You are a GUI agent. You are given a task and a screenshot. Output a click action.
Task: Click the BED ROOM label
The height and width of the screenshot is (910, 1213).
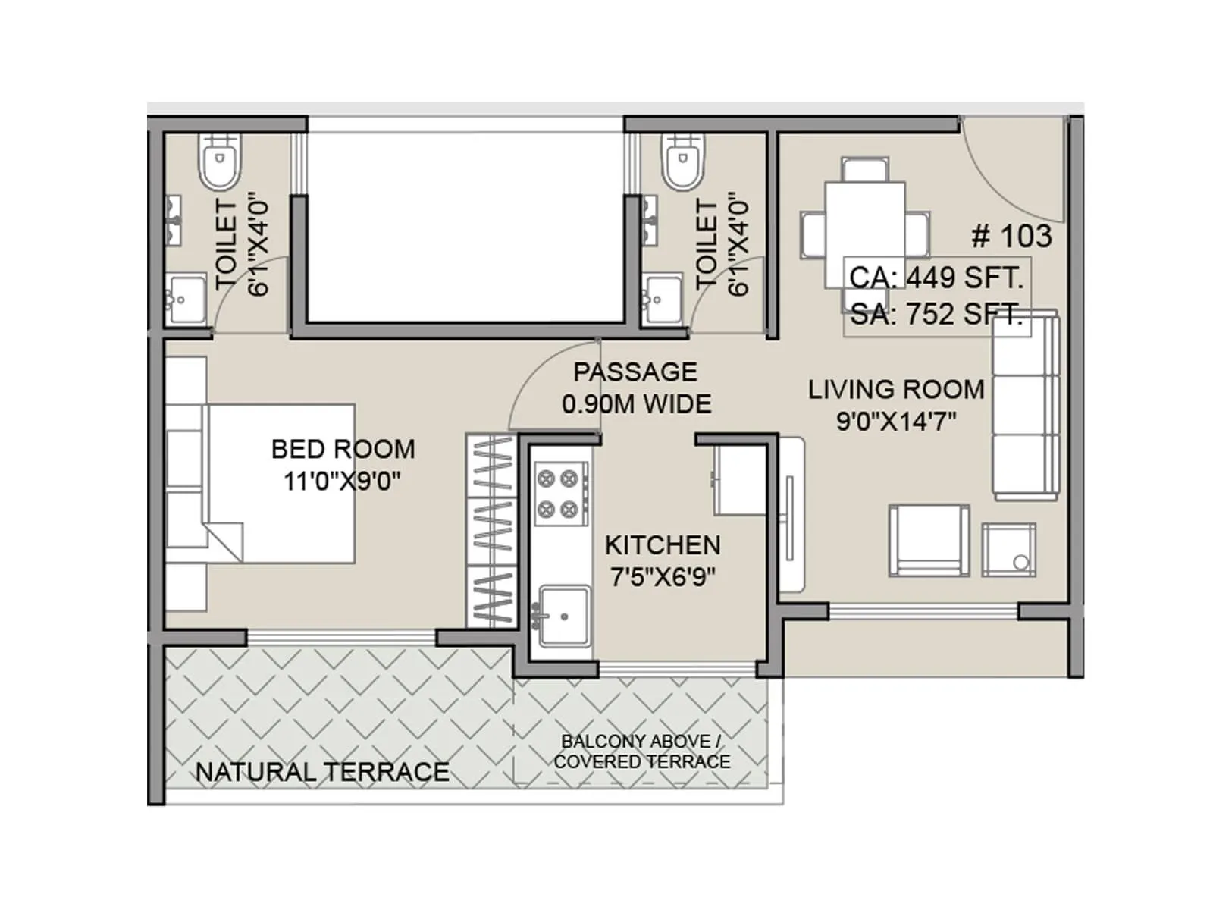343,449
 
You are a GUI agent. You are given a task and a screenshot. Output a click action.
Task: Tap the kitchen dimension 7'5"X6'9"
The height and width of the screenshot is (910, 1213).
663,578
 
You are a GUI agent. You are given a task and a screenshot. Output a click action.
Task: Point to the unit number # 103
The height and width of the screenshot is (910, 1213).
1011,237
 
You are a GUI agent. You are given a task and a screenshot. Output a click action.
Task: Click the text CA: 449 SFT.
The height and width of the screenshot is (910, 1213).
936,278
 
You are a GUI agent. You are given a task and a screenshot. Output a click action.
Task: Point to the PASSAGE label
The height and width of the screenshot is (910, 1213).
635,372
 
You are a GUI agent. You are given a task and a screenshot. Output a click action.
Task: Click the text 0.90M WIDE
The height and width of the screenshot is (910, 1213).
637,404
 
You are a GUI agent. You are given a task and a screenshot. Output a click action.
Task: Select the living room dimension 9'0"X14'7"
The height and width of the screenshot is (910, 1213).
896,421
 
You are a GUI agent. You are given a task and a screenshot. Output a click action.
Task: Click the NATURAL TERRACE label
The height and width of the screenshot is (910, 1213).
322,772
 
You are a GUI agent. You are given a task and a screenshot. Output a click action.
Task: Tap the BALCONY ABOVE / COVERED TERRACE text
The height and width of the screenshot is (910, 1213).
641,752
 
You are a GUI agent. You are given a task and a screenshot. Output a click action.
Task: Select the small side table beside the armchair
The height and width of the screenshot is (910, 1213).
1009,550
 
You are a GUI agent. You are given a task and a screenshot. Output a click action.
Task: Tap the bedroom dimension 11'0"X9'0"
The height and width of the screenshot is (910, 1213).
342,481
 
